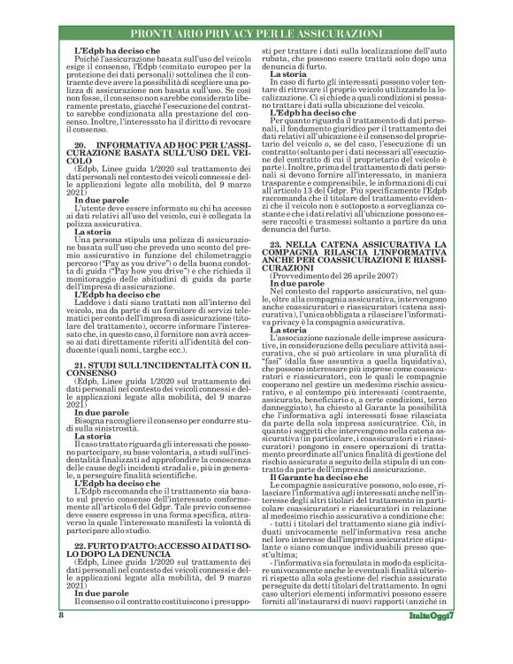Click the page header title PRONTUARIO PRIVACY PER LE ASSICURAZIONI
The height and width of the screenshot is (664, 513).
pyautogui.click(x=256, y=34)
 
